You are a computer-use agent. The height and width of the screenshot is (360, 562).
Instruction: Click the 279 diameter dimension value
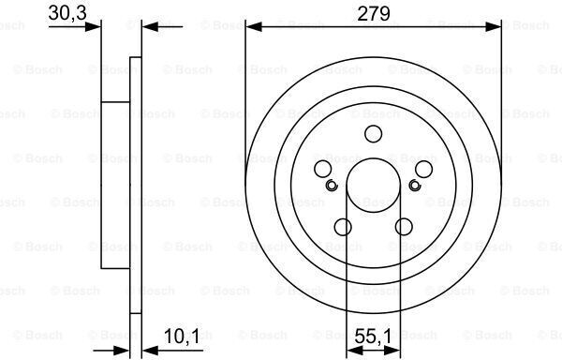click(374, 14)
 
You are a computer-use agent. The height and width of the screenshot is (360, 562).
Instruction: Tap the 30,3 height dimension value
click(67, 13)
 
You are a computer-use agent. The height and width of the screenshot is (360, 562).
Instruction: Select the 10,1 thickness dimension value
click(182, 336)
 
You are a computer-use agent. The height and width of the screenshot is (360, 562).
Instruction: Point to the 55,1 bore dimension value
click(373, 336)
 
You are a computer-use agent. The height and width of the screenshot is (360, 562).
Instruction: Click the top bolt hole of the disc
click(373, 134)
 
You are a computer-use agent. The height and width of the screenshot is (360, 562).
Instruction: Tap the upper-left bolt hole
click(322, 169)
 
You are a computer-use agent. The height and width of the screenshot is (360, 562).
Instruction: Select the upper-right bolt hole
click(423, 169)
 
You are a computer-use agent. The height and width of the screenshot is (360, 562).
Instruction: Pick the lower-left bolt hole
click(343, 227)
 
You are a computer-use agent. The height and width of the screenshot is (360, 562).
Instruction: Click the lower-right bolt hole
click(404, 227)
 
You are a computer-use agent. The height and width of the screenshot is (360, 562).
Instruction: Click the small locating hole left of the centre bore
click(332, 185)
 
